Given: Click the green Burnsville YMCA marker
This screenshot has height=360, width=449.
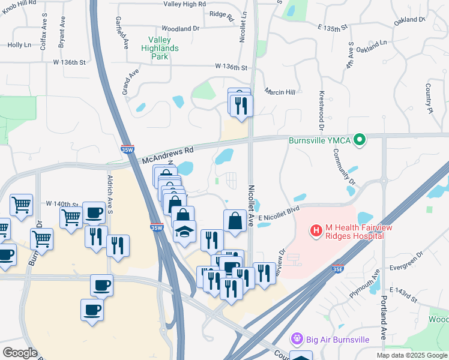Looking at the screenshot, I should point(360,140).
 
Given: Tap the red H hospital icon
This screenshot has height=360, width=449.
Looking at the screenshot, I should point(316,230).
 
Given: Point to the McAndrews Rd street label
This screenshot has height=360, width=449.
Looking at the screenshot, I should point(169,155).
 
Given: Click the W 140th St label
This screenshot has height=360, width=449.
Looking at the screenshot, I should point(62,204).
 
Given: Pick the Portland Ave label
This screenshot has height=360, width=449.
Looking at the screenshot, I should point(384,325).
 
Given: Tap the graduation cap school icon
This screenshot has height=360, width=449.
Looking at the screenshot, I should point(185,231).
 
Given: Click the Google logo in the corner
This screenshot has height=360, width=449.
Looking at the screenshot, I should point(20,353).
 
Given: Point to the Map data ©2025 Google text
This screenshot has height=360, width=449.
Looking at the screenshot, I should point(411,355).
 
